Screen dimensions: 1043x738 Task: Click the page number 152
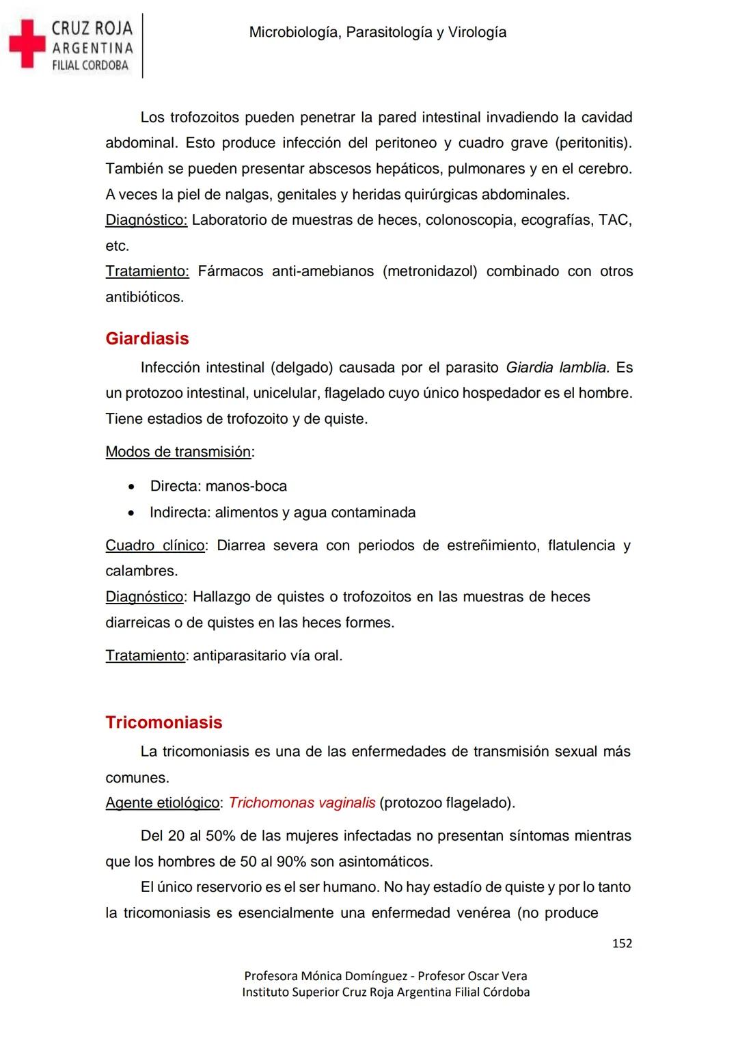(622, 943)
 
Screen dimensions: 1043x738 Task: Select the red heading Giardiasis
(147, 338)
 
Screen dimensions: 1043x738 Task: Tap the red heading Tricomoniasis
(164, 722)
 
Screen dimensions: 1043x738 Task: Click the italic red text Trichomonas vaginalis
(302, 802)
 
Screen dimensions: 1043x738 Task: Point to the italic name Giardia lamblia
(557, 368)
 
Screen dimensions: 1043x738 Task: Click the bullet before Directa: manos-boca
(131, 487)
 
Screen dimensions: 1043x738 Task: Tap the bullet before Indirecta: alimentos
(131, 513)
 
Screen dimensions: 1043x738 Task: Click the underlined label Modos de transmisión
(178, 452)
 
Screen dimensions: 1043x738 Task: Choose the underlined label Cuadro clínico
(155, 545)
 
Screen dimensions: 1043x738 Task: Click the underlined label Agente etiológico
(162, 802)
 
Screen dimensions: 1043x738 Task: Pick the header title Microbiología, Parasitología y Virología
(378, 32)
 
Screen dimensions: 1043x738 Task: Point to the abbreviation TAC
(614, 220)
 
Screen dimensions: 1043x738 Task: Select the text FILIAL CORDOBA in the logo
(90, 66)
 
